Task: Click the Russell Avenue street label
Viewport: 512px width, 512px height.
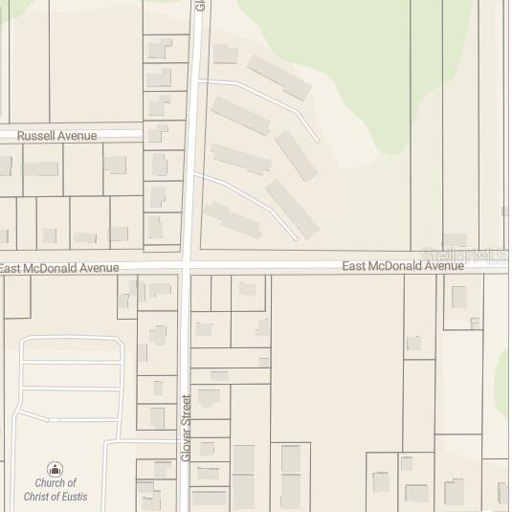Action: click(x=57, y=136)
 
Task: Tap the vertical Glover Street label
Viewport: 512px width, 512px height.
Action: click(x=187, y=428)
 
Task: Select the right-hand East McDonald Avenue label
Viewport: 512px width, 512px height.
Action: click(x=403, y=265)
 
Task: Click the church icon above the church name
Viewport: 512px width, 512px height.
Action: click(x=56, y=469)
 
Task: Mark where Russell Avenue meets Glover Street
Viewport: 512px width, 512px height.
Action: click(x=191, y=135)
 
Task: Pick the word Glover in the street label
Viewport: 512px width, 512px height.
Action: click(x=187, y=445)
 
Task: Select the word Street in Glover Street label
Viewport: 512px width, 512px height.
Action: click(x=187, y=412)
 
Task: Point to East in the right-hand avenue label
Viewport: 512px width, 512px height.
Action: click(x=355, y=265)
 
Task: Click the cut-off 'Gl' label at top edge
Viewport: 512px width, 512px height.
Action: click(x=200, y=5)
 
